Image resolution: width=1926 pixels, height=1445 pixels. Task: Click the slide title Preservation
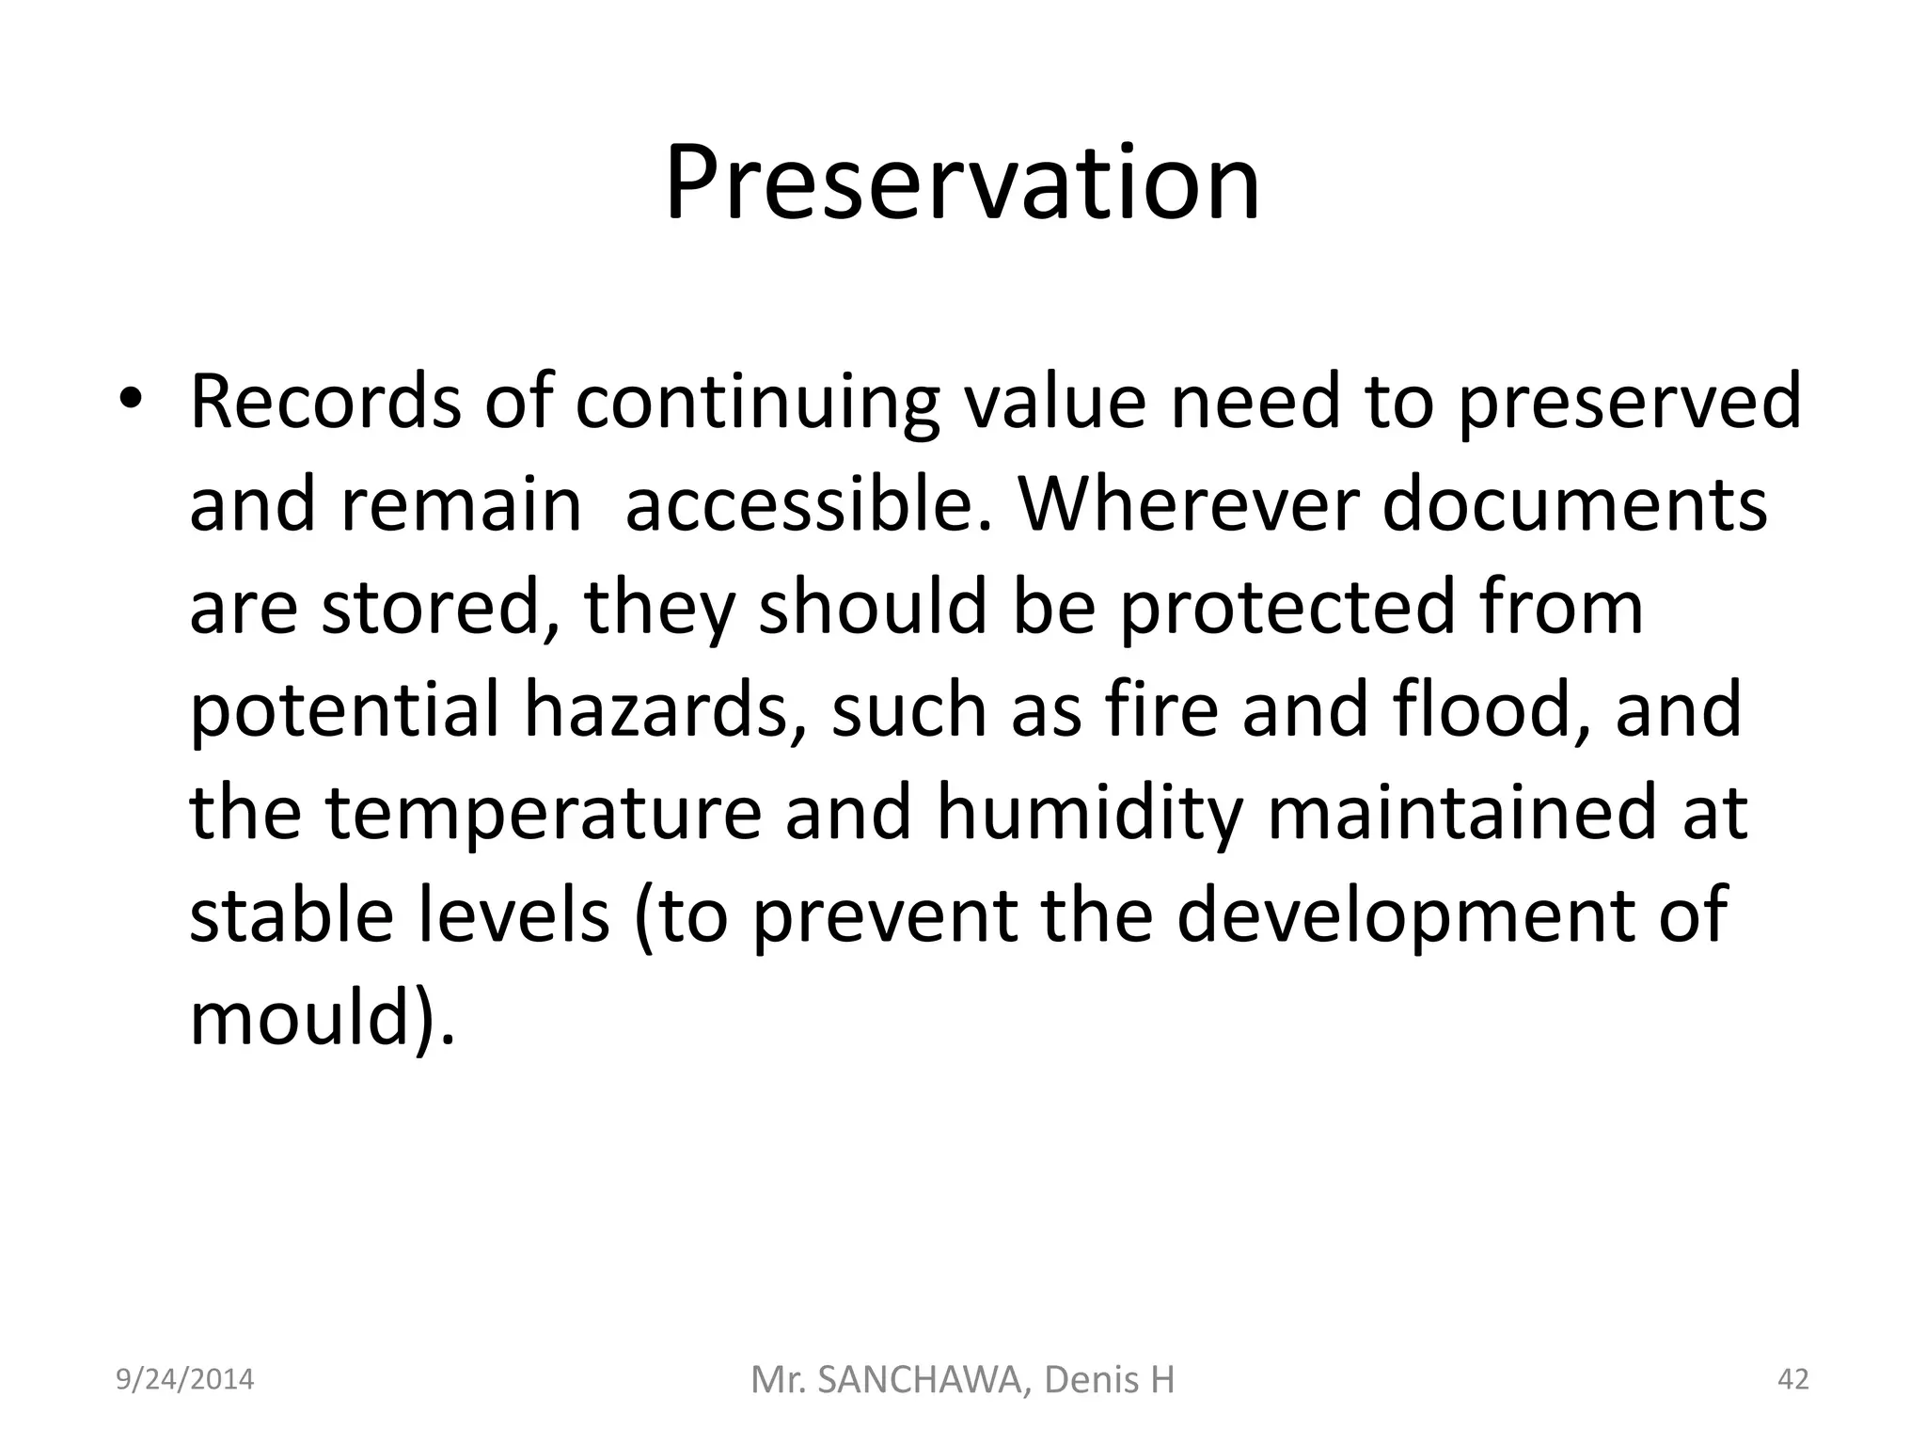pos(962,183)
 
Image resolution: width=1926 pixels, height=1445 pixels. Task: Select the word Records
pos(325,402)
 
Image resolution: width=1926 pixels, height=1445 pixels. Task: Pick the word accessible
pos(808,505)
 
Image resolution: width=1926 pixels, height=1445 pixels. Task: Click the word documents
pos(1575,505)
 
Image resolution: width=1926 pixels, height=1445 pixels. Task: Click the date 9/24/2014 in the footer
pos(184,1379)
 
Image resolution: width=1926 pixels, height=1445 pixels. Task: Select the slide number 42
pos(1792,1379)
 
